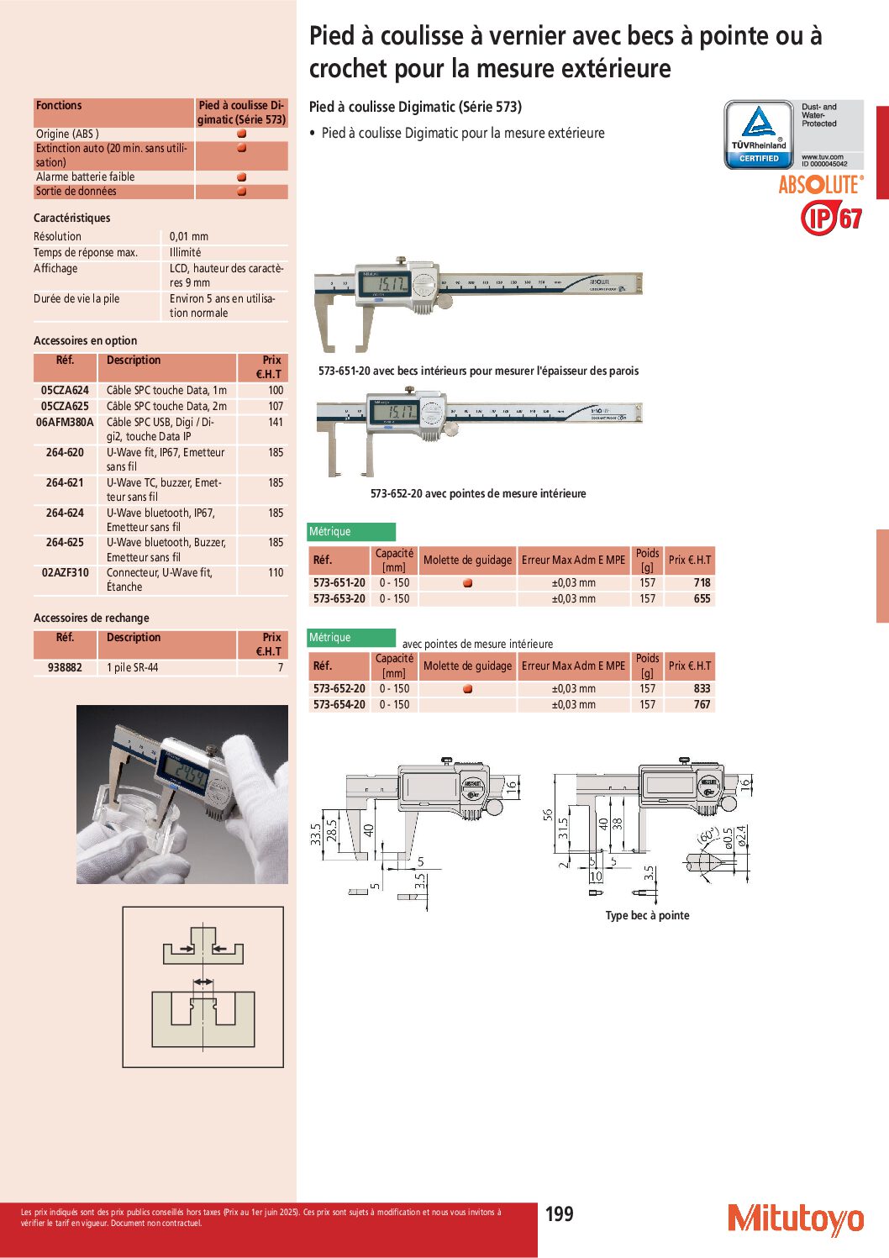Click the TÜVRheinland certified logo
pos(759,134)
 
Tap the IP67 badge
pos(831,218)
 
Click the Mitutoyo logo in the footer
pos(796,1219)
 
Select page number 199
pos(560,1213)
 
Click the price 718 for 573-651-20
pos(702,582)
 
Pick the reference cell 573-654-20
pos(339,704)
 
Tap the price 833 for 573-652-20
pos(702,688)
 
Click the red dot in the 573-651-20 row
pos(467,583)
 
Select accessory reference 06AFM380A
pos(65,422)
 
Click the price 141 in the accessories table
pos(276,422)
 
